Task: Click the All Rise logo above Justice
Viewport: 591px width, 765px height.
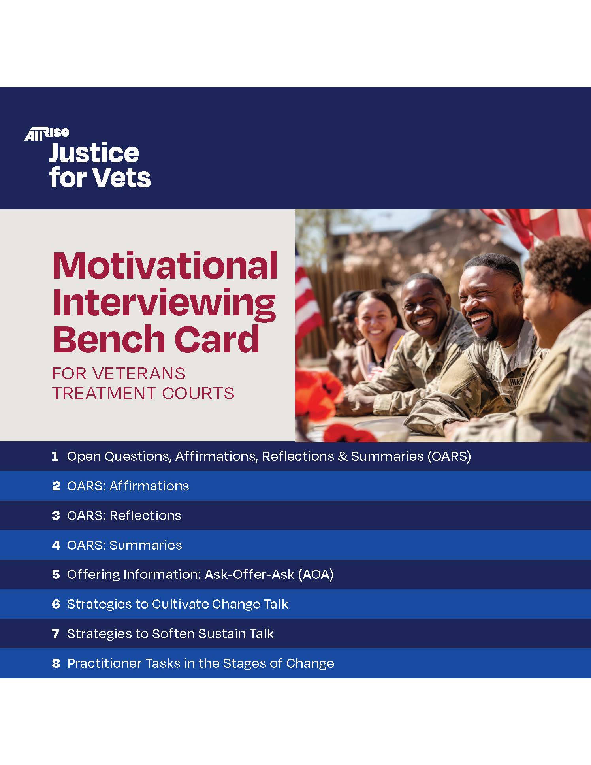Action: click(x=47, y=134)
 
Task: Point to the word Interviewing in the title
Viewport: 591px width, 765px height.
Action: click(x=164, y=303)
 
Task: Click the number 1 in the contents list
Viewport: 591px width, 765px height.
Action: click(x=55, y=456)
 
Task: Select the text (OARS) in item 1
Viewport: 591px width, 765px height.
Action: click(x=449, y=456)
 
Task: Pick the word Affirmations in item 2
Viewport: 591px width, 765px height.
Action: click(x=149, y=486)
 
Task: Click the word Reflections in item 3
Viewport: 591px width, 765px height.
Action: click(x=145, y=515)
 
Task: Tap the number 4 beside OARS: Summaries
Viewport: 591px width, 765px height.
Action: click(x=56, y=545)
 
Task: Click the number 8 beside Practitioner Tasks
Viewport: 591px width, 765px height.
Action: click(x=56, y=663)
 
